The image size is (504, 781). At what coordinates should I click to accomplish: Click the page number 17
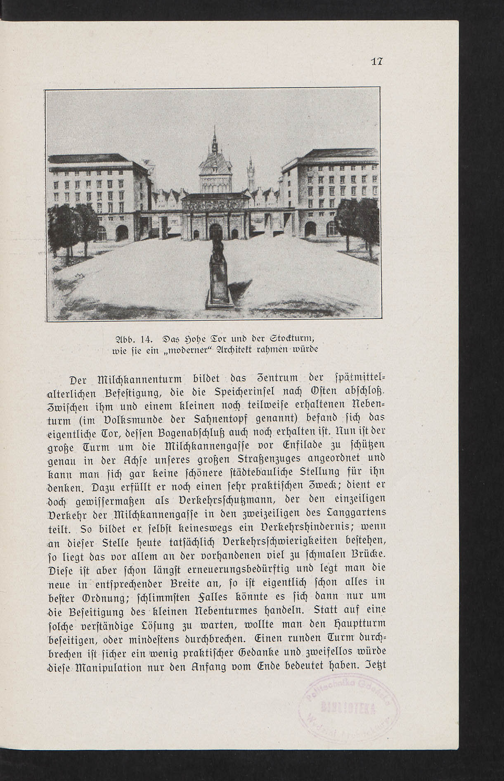coord(376,62)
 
